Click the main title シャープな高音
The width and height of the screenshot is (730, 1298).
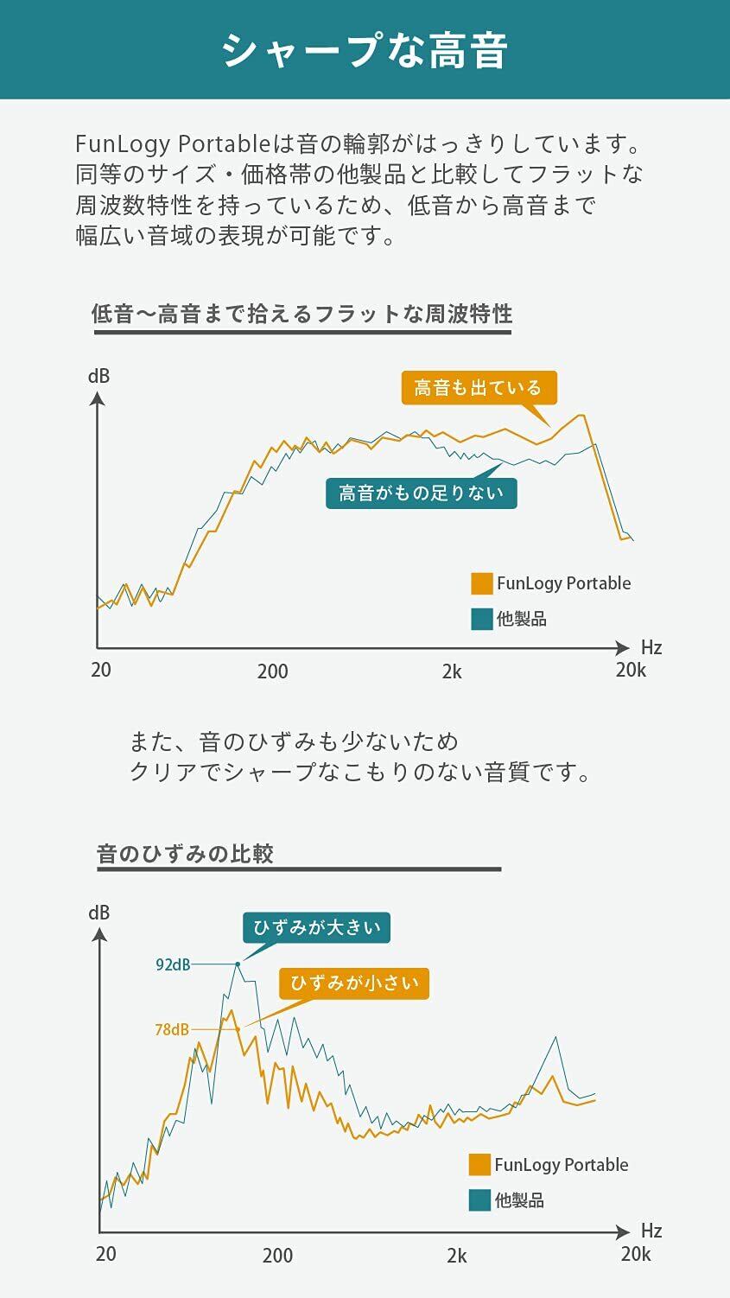(x=365, y=50)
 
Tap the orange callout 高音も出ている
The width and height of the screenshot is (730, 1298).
(x=478, y=388)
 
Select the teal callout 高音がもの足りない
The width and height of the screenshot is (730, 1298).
(x=421, y=493)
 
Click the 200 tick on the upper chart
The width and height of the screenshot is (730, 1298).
(x=272, y=671)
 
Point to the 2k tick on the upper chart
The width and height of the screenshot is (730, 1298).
(x=452, y=671)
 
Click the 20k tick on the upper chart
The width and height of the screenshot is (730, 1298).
(x=631, y=670)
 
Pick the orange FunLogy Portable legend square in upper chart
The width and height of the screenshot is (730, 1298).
(x=481, y=583)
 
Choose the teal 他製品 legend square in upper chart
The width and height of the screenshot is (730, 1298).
(x=481, y=619)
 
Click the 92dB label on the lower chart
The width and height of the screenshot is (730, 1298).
(x=173, y=964)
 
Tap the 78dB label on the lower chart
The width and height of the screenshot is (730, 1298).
(x=172, y=1029)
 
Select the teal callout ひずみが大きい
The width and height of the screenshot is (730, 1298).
(x=316, y=928)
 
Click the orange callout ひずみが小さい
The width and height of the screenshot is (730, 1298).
(x=354, y=983)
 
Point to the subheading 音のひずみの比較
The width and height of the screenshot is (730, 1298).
(x=185, y=854)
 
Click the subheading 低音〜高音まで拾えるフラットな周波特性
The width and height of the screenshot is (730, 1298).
(x=302, y=314)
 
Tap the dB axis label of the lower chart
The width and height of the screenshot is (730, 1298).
(x=98, y=913)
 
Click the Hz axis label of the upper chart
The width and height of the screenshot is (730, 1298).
(x=651, y=647)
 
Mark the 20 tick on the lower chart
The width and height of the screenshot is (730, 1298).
(x=105, y=1254)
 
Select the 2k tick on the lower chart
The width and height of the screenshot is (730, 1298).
(x=457, y=1256)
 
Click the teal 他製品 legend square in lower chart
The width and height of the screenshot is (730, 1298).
(x=479, y=1200)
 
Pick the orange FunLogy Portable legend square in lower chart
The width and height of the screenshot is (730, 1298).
(x=479, y=1165)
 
